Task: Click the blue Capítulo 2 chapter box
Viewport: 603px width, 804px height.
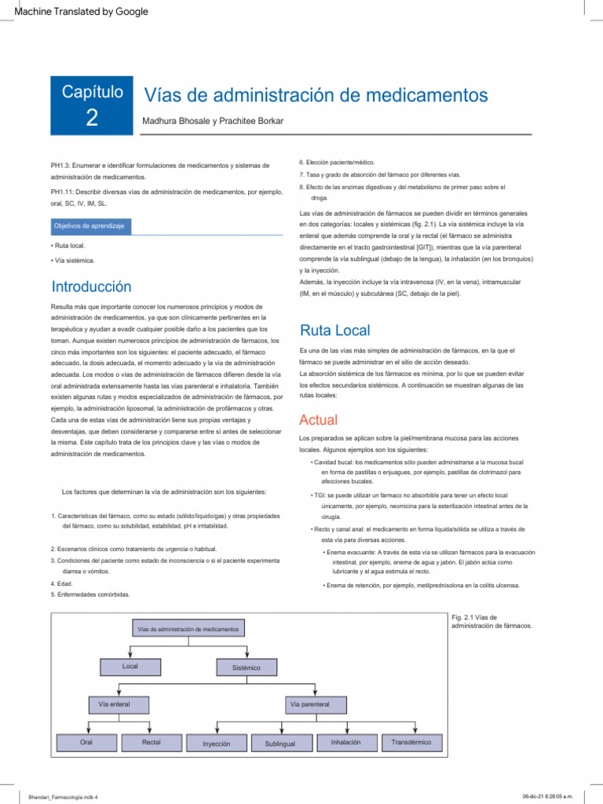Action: [x=92, y=105]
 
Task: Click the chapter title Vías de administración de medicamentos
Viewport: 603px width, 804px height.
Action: [x=315, y=95]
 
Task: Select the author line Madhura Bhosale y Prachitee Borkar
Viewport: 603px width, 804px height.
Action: [x=212, y=121]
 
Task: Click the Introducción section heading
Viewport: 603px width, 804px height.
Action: [x=91, y=287]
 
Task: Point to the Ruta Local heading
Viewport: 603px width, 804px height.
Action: [x=335, y=331]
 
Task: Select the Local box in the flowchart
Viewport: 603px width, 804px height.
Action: [x=130, y=667]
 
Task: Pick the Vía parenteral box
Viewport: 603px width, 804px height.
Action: [x=309, y=704]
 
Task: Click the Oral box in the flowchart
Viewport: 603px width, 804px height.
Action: [x=86, y=742]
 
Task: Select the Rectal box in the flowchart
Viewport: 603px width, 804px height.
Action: [x=152, y=742]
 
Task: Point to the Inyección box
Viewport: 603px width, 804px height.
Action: [x=217, y=743]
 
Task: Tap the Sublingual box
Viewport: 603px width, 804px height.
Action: [x=280, y=743]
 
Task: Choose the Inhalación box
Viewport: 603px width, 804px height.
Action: [x=346, y=742]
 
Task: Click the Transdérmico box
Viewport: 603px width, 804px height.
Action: [x=411, y=742]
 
